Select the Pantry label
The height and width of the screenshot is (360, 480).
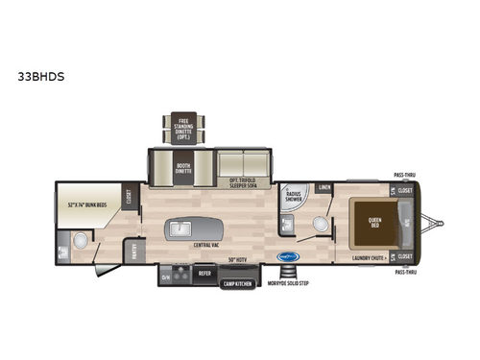tap(134, 252)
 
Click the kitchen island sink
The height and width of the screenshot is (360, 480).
tap(183, 228)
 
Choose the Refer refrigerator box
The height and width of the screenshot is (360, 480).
tap(204, 273)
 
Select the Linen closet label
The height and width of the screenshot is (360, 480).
tap(324, 187)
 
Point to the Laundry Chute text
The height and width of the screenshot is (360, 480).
tap(369, 257)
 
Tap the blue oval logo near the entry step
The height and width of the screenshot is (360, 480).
tap(286, 257)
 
